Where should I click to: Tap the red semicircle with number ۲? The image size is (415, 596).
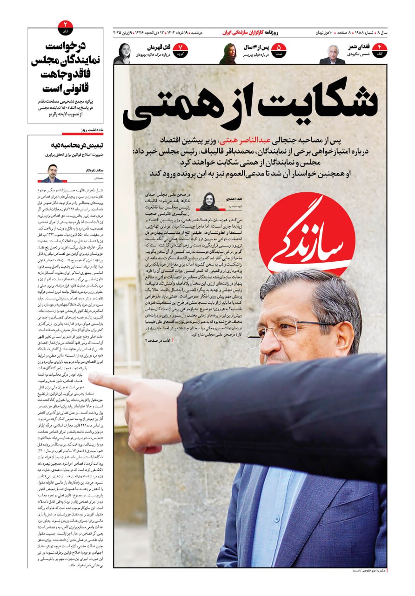click(x=66, y=27)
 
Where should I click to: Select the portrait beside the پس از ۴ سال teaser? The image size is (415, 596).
click(x=228, y=54)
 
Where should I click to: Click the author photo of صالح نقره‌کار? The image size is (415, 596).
click(x=54, y=173)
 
